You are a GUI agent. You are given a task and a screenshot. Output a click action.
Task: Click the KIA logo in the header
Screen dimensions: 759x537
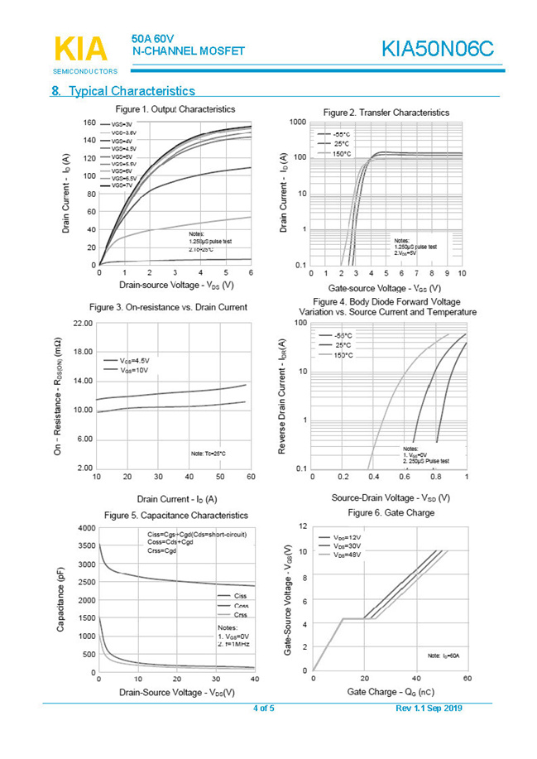(80, 50)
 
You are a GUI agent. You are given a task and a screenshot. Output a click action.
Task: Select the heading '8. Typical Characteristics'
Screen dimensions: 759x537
(123, 91)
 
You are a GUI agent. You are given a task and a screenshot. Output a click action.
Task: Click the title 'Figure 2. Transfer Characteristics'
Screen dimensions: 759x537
(386, 112)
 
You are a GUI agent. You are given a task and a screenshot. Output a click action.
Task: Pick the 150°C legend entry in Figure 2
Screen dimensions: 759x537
(342, 154)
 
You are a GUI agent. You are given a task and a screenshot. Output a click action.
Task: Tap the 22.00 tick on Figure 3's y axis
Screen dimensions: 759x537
(81, 323)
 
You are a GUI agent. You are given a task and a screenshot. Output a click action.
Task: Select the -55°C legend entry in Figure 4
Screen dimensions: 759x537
(342, 335)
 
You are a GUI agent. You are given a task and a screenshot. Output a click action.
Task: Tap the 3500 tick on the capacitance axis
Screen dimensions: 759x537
(84, 546)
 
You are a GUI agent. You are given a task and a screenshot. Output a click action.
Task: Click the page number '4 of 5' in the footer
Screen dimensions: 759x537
(263, 709)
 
